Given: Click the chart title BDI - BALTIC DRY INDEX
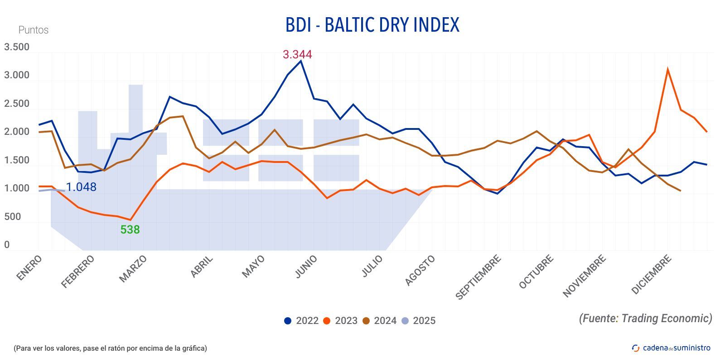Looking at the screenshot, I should coord(372,25).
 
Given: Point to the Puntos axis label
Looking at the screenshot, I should coord(33,30).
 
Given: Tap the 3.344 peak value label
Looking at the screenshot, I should coord(297,55).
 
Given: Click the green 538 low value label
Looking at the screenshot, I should coord(130,230).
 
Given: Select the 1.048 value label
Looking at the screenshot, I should coord(81,187).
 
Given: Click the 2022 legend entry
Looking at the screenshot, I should coord(302,321).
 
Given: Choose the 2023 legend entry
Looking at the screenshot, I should coord(341,321).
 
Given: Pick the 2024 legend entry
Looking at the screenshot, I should coord(380,321).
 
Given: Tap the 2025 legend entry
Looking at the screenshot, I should coord(419,321).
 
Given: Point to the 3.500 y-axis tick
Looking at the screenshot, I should coord(17,47).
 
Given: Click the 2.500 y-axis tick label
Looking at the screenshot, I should coord(17,104).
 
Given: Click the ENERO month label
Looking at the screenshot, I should coord(29,267).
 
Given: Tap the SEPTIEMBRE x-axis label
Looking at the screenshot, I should coord(478,277).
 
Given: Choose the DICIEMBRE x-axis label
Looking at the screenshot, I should coord(651,274).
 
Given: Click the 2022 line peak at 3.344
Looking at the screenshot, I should coord(301,61).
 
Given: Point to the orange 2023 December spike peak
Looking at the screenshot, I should coord(667,69).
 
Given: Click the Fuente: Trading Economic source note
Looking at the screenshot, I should coord(645,318).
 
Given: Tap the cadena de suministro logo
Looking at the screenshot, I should coord(671,348).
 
